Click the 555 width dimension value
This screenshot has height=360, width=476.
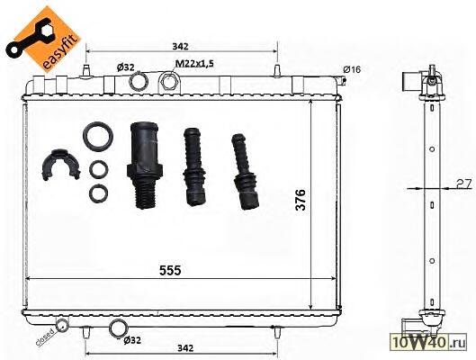point(170,270)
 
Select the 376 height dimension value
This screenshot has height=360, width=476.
point(301,200)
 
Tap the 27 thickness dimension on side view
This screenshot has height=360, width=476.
point(463,184)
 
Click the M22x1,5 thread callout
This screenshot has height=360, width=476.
point(194,64)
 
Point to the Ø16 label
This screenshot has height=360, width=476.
point(352,69)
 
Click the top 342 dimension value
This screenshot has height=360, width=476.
point(180,47)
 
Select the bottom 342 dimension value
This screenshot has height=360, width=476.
point(185,348)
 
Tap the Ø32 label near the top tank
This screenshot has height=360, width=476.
point(126,67)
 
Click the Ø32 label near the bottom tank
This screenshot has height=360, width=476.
point(132,340)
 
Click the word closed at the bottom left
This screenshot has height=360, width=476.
point(45,337)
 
